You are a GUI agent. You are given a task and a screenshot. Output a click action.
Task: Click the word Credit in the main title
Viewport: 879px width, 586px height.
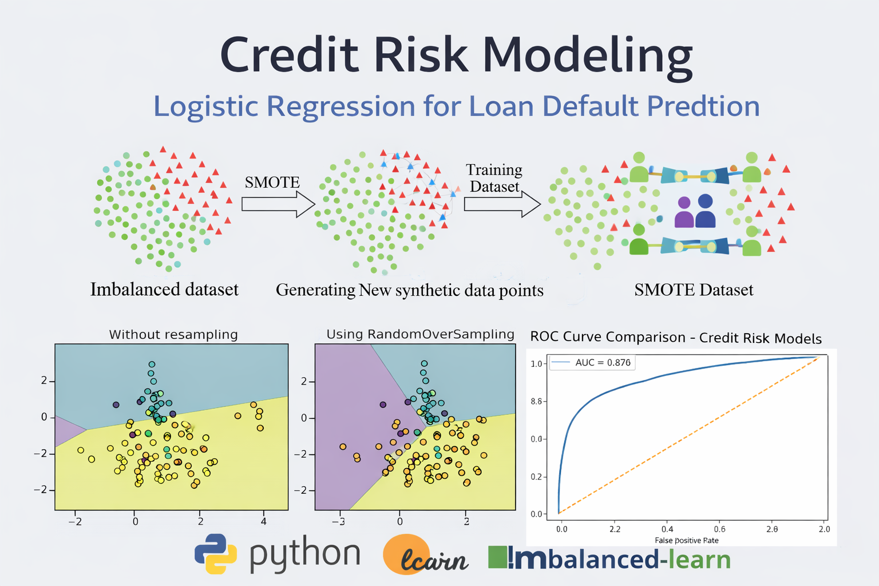click(289, 55)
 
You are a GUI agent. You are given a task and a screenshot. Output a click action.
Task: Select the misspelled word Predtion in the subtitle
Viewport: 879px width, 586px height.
click(703, 106)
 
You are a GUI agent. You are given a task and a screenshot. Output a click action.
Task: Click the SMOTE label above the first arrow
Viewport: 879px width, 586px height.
click(272, 183)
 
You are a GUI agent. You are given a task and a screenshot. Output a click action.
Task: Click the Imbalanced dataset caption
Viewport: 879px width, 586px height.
click(164, 290)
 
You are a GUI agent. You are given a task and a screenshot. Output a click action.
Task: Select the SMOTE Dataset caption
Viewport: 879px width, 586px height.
click(694, 290)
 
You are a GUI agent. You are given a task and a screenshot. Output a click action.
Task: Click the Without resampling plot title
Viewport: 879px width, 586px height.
click(173, 335)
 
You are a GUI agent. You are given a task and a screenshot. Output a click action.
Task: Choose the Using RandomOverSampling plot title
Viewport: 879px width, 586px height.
click(420, 334)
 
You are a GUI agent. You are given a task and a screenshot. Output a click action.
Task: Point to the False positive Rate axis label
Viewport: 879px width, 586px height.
click(686, 540)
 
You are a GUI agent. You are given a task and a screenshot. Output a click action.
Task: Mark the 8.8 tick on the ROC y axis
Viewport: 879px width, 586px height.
click(536, 402)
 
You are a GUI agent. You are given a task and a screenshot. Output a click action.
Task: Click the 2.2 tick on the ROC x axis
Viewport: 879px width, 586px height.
click(615, 529)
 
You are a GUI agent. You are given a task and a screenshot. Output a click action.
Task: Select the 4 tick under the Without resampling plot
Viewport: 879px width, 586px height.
click(264, 521)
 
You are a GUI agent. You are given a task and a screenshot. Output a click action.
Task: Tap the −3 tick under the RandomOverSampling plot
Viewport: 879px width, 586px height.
click(339, 521)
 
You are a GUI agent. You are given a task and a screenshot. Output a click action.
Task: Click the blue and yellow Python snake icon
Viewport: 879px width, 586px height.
click(216, 554)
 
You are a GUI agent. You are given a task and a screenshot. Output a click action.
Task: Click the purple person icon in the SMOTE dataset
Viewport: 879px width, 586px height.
click(684, 213)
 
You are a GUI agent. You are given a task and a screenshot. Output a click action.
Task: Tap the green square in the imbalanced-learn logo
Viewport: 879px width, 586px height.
click(497, 557)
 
